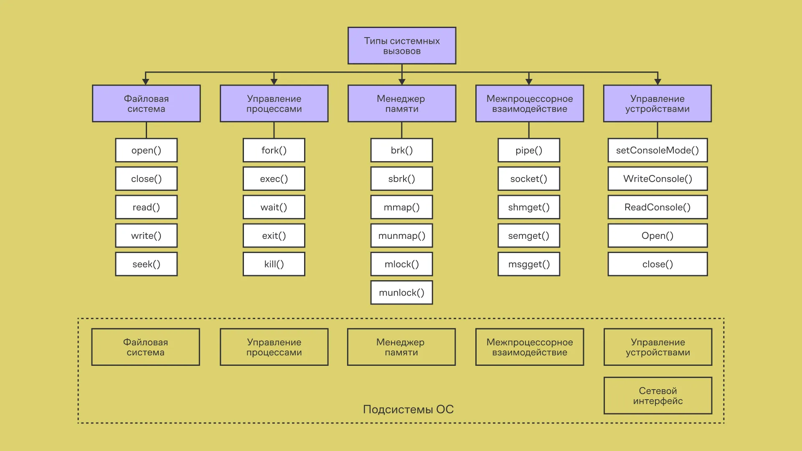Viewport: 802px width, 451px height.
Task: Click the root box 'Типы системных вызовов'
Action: tap(401, 46)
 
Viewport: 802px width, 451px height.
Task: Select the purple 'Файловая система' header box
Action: tap(146, 104)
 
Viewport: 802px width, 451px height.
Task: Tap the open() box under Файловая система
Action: tap(146, 150)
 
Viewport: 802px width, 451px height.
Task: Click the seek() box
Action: tap(146, 264)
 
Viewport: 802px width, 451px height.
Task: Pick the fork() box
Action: tap(274, 150)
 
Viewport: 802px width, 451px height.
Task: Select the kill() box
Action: tap(274, 264)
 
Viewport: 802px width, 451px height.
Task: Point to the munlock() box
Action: tap(401, 292)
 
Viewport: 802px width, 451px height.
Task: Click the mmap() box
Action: tap(401, 207)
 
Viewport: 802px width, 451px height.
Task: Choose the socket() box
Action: tap(528, 179)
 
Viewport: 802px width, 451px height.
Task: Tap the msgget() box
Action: tap(528, 264)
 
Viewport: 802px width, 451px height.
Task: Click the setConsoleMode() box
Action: tap(657, 150)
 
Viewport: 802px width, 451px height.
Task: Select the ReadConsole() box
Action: tap(657, 207)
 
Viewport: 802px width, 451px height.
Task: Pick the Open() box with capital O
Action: tap(657, 236)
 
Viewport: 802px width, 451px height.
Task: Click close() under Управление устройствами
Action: tap(657, 264)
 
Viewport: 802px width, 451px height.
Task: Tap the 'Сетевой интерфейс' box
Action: tap(657, 395)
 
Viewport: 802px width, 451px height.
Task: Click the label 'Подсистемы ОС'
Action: tap(408, 409)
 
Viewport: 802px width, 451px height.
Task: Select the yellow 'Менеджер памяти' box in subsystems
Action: tap(401, 347)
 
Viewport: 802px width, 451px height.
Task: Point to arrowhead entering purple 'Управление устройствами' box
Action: tap(657, 82)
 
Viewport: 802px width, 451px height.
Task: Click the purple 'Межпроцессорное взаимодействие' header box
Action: tap(529, 104)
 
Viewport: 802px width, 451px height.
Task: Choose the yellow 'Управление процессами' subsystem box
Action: tap(274, 347)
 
